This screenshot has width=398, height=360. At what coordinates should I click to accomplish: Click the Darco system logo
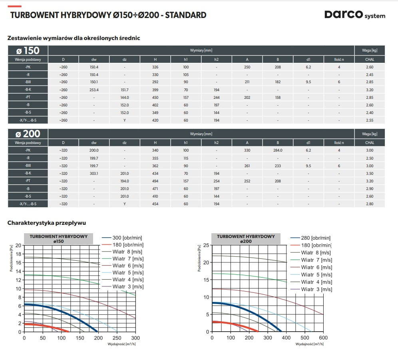[354, 15]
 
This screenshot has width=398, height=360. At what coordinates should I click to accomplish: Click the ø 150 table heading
[28, 51]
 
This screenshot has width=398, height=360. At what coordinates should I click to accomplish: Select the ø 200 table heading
[28, 134]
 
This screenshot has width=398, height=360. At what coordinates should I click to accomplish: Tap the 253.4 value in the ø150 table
[94, 90]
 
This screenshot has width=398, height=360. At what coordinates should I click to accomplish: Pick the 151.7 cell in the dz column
[125, 90]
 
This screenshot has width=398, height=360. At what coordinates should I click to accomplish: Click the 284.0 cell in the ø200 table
[278, 150]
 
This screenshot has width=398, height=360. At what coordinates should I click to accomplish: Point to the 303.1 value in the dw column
[94, 174]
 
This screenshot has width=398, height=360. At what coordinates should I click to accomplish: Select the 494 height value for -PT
[155, 181]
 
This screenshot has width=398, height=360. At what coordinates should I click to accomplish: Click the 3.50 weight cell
[370, 174]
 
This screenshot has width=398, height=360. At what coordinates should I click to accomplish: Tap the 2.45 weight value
[370, 75]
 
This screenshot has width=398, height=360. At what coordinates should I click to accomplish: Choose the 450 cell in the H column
[155, 98]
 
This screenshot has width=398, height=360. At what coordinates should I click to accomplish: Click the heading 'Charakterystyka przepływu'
[47, 223]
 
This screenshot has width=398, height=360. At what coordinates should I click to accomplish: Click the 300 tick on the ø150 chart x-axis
[135, 338]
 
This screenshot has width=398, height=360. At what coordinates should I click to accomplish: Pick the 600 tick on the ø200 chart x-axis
[323, 338]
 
